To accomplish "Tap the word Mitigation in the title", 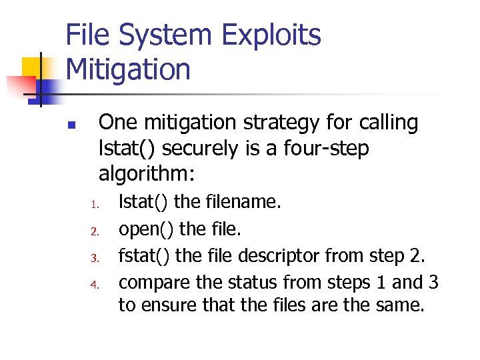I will [x=128, y=69].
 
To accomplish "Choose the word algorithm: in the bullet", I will [x=147, y=174].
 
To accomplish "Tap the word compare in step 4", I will [x=153, y=283].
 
